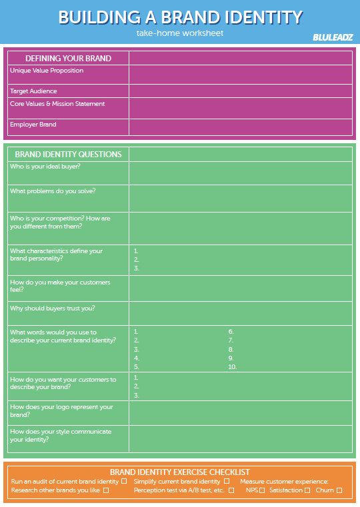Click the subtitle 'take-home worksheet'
pos(180,33)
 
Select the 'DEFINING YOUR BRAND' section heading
pos(68,59)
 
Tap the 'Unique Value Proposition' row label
pos(47,71)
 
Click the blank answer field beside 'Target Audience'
pos(240,91)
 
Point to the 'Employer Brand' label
pos(33,125)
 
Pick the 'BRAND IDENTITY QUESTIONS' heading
pos(68,155)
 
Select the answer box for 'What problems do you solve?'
pos(240,198)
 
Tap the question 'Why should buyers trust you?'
pos(53,308)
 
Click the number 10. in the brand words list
pos(232,367)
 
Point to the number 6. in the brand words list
pos(231,331)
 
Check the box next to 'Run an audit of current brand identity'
pos(124,481)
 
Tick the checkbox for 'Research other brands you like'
pos(105,490)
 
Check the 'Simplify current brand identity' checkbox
pos(227,481)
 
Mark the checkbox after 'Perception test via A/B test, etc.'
pos(231,490)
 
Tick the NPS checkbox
pos(262,490)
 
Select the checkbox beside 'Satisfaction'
pos(307,490)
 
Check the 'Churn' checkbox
pos(339,490)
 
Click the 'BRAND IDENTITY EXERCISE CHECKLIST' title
pos(180,472)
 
